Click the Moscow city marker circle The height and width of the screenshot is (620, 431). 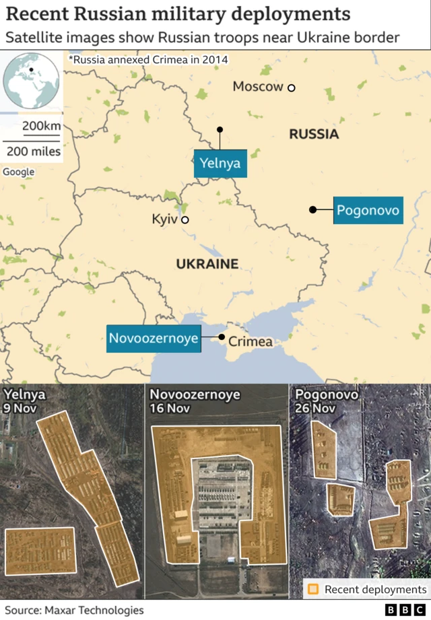[292, 88]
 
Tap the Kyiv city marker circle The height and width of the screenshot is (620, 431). [185, 219]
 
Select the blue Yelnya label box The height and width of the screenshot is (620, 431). [220, 164]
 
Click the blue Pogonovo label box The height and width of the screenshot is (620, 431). [368, 210]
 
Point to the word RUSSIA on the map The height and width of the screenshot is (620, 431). [314, 135]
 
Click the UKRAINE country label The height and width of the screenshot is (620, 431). [207, 264]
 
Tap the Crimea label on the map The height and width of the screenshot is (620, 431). [251, 342]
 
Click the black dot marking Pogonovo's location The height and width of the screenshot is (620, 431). [312, 210]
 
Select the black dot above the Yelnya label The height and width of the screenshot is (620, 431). [220, 129]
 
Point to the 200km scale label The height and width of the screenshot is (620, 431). [42, 127]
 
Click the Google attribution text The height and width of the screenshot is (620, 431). [19, 172]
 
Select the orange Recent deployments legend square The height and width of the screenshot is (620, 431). [313, 590]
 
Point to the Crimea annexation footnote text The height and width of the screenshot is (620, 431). [148, 60]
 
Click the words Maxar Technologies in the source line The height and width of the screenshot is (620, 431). [94, 610]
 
